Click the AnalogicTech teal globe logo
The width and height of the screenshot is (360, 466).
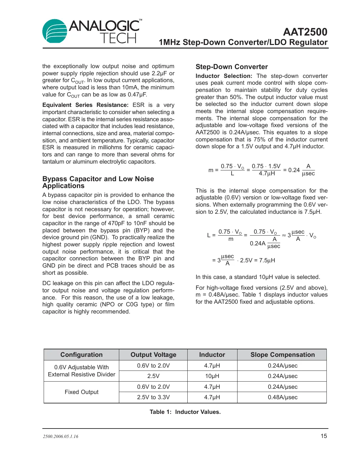tap(54, 31)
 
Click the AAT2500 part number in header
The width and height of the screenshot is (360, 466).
tap(305, 32)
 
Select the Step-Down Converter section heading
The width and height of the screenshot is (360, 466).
tap(232, 67)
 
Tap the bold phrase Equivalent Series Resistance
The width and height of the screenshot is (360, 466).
tap(85, 105)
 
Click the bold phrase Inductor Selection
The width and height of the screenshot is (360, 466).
tap(224, 76)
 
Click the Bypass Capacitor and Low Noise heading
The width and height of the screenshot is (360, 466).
tap(98, 179)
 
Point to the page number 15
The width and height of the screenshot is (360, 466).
tap(324, 436)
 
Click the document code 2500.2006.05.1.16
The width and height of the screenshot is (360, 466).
tap(61, 437)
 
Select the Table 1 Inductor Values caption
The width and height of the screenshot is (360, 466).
tap(185, 412)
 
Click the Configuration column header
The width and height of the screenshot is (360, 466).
tap(81, 355)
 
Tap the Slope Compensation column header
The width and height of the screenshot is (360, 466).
tap(282, 355)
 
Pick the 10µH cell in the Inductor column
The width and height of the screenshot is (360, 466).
tap(212, 376)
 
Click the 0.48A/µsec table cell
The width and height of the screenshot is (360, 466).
tap(282, 397)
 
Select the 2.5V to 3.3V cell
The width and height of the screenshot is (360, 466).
tap(153, 397)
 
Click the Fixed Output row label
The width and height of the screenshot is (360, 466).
tap(81, 392)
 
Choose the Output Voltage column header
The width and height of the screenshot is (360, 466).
tap(153, 355)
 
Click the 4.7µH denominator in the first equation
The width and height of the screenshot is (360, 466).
tap(266, 174)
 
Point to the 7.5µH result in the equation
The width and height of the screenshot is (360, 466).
tap(266, 260)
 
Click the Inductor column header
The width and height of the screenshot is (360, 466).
tap(212, 355)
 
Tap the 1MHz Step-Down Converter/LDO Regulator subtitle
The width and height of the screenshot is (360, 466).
tap(243, 42)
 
